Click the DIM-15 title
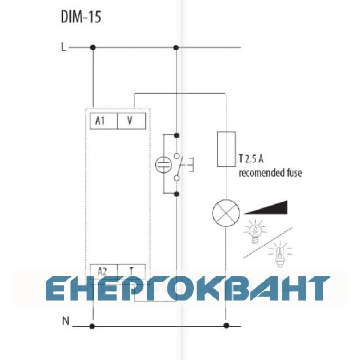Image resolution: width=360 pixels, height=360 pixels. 81,17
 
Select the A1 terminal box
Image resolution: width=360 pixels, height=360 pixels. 104,121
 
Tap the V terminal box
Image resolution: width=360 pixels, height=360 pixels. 131,121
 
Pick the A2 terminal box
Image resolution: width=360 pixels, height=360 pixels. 104,271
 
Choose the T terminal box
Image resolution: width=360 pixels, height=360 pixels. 131,271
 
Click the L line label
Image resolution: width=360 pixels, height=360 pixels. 63,47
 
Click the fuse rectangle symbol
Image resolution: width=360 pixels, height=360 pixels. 226,149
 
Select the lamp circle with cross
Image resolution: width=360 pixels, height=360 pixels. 226,213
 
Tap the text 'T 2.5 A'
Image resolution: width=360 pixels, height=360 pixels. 251,159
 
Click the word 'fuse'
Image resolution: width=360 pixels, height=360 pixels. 294,173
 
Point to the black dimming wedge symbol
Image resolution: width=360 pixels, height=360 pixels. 266,208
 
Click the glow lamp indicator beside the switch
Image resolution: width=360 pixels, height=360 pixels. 163,165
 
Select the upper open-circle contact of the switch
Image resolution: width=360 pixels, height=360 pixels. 176,156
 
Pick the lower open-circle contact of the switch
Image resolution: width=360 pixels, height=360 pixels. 176,178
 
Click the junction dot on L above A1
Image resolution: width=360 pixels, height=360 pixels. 93,48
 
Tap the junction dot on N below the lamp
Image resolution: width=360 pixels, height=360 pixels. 226,325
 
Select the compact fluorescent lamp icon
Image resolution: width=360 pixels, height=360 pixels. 280,255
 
